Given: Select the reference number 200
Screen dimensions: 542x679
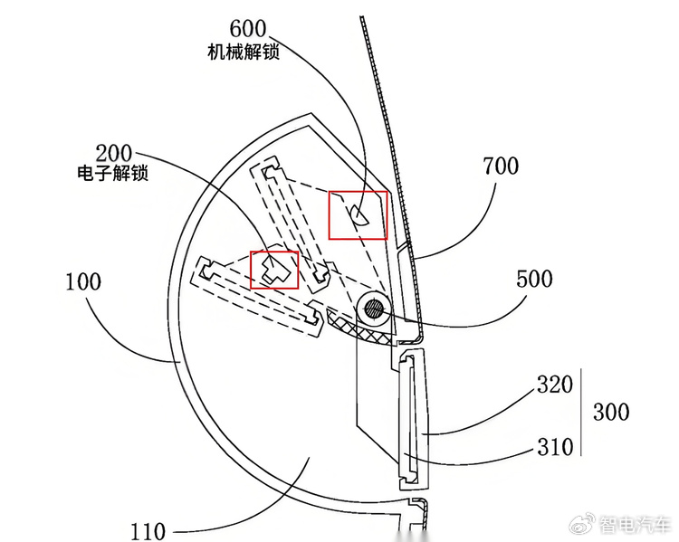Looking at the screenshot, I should (113, 152).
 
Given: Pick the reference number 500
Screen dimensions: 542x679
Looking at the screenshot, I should (534, 279).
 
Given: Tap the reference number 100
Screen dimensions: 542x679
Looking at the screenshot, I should (83, 281).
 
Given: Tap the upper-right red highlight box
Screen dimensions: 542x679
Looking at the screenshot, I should (358, 214).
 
